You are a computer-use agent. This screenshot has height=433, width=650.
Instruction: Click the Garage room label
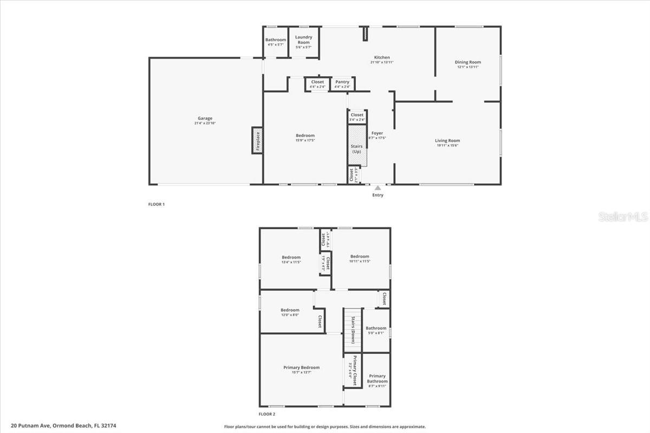205,119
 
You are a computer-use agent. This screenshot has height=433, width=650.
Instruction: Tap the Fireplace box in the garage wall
257,140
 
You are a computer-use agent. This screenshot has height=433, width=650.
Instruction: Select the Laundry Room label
303,40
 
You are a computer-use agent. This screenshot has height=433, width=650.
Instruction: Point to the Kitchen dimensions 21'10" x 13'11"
381,62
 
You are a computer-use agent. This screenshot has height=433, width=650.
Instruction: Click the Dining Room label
467,62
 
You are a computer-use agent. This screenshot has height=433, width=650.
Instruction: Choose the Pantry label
342,82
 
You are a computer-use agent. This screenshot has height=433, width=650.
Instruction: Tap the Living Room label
447,141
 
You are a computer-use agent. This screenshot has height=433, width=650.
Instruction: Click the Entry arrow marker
378,188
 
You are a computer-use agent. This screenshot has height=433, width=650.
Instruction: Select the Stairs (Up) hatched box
357,145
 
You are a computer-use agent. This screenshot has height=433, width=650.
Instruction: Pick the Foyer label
377,133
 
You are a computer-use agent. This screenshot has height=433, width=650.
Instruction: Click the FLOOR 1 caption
156,204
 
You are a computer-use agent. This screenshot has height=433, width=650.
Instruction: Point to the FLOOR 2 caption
267,414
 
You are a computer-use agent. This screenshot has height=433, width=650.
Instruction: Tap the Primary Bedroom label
302,368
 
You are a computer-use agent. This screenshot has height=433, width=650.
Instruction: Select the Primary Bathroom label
377,378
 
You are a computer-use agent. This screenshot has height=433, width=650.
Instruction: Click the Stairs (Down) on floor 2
353,329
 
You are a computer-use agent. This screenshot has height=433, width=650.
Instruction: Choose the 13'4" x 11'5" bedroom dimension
291,262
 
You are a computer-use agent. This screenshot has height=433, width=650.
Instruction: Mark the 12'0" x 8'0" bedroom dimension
290,314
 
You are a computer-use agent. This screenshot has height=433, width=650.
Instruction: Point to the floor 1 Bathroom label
275,40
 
